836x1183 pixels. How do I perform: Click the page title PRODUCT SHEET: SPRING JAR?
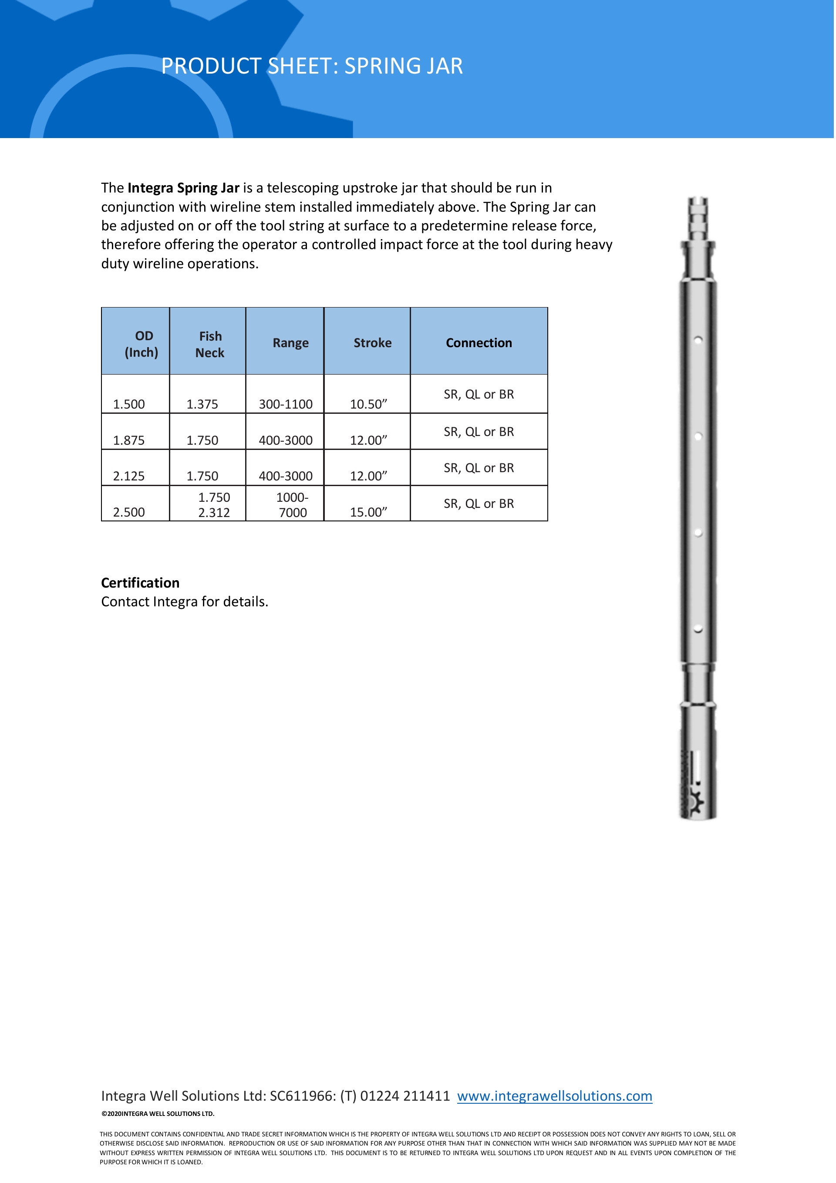(x=312, y=66)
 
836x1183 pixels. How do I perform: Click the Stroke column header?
(x=372, y=343)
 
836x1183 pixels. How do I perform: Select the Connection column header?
(x=479, y=343)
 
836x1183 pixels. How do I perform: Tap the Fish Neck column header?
(x=210, y=344)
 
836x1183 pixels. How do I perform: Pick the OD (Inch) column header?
(x=142, y=344)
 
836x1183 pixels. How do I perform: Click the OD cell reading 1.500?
(x=129, y=404)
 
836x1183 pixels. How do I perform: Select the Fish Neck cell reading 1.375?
(x=202, y=404)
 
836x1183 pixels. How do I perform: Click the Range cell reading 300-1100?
(x=285, y=404)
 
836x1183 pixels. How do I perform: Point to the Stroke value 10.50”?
(x=368, y=404)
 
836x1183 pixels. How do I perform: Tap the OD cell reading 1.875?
(x=129, y=440)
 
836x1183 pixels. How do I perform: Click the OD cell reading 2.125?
(x=129, y=476)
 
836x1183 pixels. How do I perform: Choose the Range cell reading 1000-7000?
(x=292, y=505)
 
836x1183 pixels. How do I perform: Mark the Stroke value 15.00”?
(x=368, y=512)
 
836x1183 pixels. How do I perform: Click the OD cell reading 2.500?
(x=129, y=512)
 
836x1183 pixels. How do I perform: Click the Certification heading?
(x=140, y=583)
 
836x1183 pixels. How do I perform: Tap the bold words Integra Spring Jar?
(x=183, y=188)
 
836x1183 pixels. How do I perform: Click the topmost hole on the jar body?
(x=698, y=340)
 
